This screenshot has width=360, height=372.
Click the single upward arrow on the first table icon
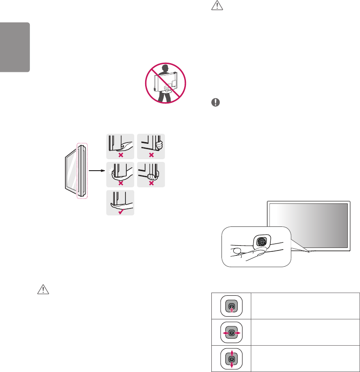232,309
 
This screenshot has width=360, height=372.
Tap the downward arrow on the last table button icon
232,366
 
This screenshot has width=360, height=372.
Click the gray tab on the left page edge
14,47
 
